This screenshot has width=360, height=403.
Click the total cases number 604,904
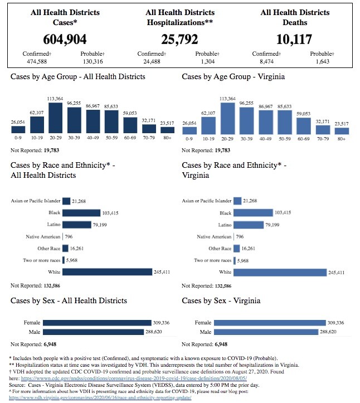[65, 39]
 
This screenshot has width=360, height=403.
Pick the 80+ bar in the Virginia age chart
[342, 131]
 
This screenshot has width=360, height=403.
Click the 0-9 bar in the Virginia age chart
[189, 130]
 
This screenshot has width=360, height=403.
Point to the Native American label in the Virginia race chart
[212, 237]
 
